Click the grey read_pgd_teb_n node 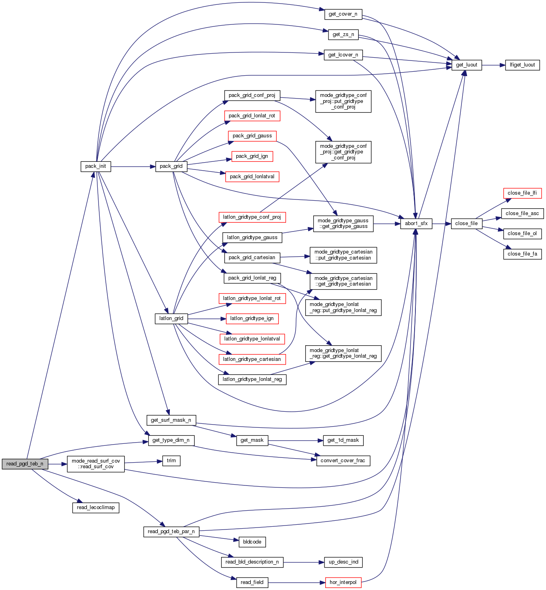[x=25, y=464]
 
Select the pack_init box [x=96, y=166]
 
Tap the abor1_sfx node [x=416, y=224]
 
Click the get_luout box [x=466, y=65]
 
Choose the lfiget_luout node [x=522, y=65]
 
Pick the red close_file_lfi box [x=522, y=193]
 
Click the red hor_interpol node [x=343, y=582]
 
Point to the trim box [x=171, y=461]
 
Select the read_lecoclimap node [x=96, y=507]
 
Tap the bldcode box [x=252, y=542]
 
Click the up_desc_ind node [x=343, y=562]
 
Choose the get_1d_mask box [x=343, y=440]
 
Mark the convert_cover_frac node [x=343, y=461]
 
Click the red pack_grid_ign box [x=252, y=156]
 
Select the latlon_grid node [x=171, y=318]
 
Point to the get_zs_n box [x=343, y=34]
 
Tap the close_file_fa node [x=522, y=254]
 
